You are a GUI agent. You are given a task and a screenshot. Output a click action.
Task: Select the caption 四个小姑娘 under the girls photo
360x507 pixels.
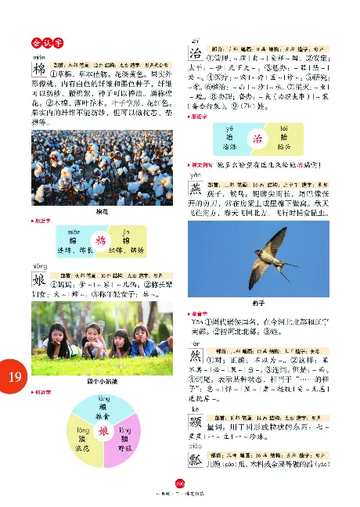pyautogui.click(x=99, y=381)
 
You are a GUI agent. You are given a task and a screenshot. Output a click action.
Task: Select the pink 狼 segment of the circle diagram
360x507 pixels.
pyautogui.click(x=124, y=439)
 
